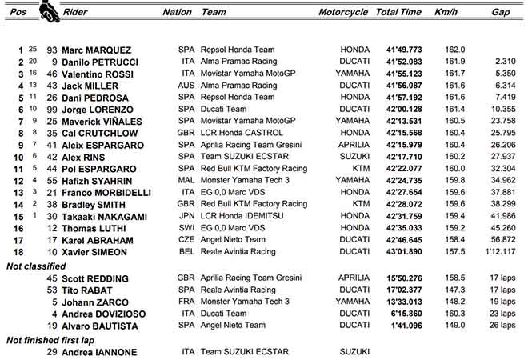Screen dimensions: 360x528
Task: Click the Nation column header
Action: [x=177, y=13]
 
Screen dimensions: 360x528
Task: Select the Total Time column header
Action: [x=398, y=13]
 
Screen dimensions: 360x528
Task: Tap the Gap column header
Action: [x=501, y=13]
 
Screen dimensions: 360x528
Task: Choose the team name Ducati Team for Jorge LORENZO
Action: [x=227, y=109]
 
